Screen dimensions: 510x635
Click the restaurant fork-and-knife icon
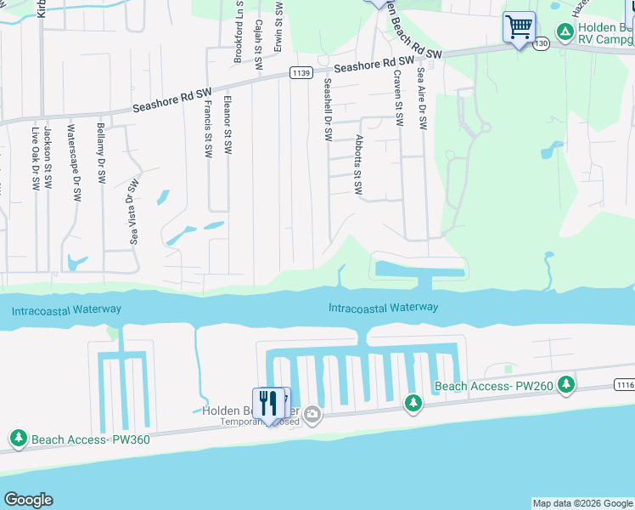pyautogui.click(x=271, y=403)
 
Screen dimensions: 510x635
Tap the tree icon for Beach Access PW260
pyautogui.click(x=413, y=402)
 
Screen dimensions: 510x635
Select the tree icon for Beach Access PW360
pyautogui.click(x=18, y=439)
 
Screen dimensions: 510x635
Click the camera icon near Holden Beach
pyautogui.click(x=312, y=414)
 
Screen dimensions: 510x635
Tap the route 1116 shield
pyautogui.click(x=625, y=386)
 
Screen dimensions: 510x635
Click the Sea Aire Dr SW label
pyautogui.click(x=421, y=99)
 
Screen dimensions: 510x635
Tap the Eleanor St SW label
pyautogui.click(x=228, y=124)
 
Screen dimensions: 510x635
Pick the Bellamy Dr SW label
pyautogui.click(x=102, y=153)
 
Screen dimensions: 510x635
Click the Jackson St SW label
pyautogui.click(x=48, y=152)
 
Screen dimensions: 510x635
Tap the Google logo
pyautogui.click(x=28, y=500)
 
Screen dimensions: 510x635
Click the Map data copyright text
pyautogui.click(x=582, y=503)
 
